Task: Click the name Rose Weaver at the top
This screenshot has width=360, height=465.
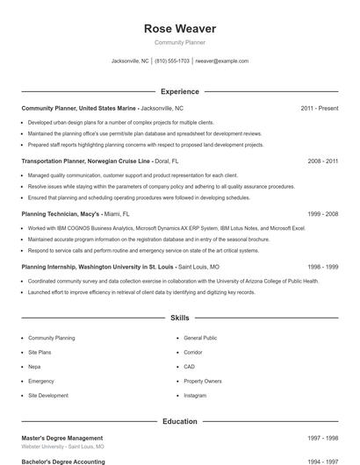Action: tap(179, 29)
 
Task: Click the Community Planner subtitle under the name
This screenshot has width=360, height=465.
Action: tap(179, 43)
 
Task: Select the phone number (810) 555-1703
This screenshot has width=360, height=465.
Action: tap(173, 61)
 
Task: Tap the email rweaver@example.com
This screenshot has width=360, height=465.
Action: tap(221, 61)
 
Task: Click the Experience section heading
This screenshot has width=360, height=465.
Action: tap(179, 91)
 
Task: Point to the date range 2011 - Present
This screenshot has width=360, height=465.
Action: tap(319, 108)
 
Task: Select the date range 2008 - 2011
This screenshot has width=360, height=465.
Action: tap(322, 161)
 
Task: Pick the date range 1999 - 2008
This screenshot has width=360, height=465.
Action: tap(322, 213)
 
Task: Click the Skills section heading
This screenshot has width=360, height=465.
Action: tap(179, 318)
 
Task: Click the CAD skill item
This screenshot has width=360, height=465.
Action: tap(190, 367)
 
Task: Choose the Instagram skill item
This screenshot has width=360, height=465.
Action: tap(195, 396)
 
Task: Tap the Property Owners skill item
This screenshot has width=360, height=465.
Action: tap(202, 381)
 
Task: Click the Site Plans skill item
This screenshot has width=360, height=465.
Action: tap(40, 352)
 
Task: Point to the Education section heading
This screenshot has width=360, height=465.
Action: tap(179, 421)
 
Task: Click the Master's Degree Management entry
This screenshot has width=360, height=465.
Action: tap(61, 438)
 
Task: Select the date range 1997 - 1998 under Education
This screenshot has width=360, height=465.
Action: tap(322, 438)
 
